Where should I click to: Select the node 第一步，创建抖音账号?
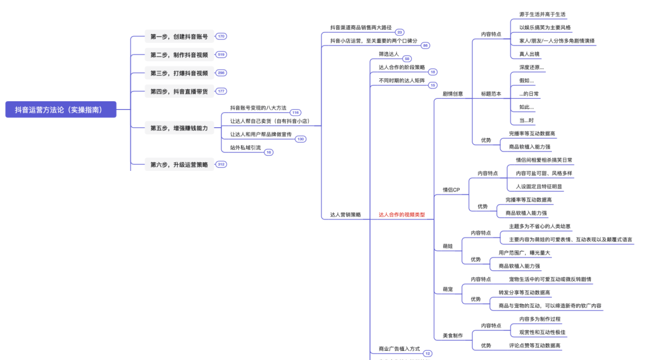pos(179,37)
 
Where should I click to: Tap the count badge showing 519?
pos(221,55)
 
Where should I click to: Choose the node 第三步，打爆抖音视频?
pos(179,73)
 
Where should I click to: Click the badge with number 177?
pos(221,91)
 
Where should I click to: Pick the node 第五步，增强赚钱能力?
pos(179,128)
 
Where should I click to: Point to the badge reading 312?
pos(221,164)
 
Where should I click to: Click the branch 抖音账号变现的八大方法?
pos(258,108)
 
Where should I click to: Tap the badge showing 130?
pos(300,139)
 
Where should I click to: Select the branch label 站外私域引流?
pos(245,147)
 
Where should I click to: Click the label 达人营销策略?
pos(345,215)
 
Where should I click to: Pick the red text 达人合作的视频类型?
pos(401,215)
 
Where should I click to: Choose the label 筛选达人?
pos(389,54)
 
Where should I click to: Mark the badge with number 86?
pos(425,45)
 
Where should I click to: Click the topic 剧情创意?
pos(452,94)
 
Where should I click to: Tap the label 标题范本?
pos(491,94)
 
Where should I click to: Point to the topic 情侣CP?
pos(451,190)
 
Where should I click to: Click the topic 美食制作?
pos(452,335)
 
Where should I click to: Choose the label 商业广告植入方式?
pos(399,349)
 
